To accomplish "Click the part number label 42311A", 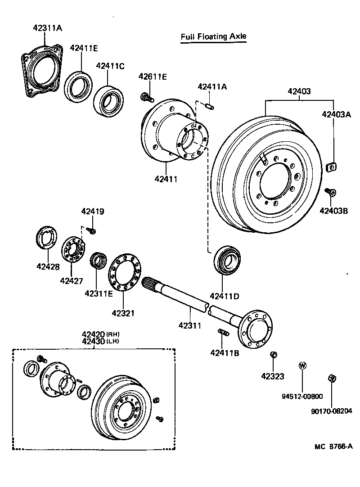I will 47,28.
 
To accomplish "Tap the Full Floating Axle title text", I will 213,36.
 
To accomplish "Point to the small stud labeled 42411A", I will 209,106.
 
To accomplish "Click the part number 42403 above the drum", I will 299,91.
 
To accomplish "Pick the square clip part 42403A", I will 332,167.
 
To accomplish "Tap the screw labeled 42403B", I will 331,193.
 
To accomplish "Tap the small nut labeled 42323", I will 273,355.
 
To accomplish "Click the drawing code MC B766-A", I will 333,446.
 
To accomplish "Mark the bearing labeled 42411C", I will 108,100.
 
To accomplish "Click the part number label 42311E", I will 99,293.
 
